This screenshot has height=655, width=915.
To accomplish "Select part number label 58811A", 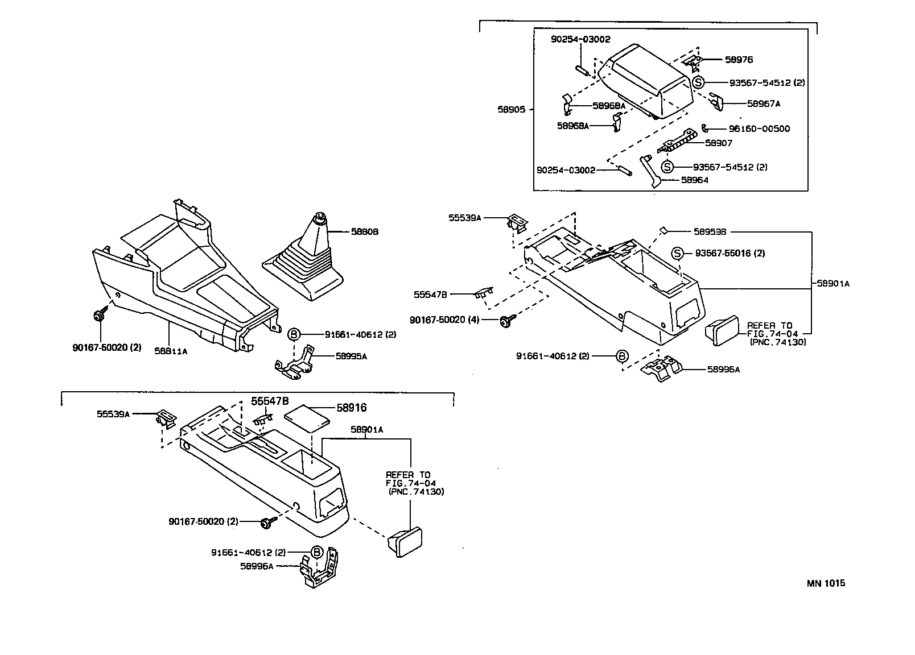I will [171, 351].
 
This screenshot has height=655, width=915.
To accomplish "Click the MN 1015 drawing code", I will [826, 583].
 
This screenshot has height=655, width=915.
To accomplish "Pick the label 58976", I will [739, 60].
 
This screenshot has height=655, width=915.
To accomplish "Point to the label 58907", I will [719, 143].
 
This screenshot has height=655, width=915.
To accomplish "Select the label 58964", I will [695, 180].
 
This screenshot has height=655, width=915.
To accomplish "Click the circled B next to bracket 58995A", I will [294, 334].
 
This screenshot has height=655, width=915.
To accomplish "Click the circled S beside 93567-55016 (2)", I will [677, 253].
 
